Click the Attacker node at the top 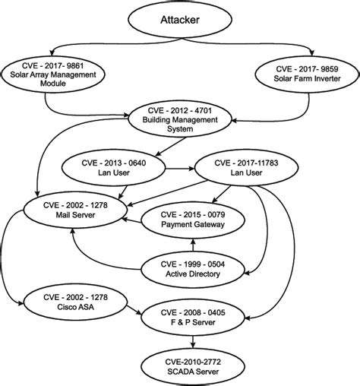click(x=180, y=21)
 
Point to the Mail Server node click(x=74, y=210)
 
